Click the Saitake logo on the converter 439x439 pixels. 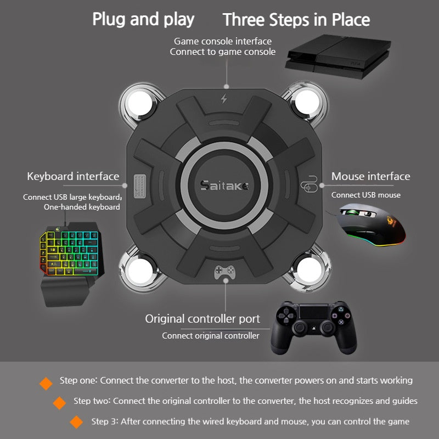[x=224, y=185]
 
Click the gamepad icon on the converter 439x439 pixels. [x=224, y=272]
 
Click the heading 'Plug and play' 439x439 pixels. [x=143, y=19]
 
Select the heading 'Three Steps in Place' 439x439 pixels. [x=296, y=20]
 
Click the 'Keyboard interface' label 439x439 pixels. [x=73, y=176]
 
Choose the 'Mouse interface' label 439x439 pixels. [x=370, y=176]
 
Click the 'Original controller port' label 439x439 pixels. [x=202, y=319]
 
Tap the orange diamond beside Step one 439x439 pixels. [x=46, y=383]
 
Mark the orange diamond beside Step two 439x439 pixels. [x=59, y=403]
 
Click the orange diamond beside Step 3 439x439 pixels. [x=77, y=422]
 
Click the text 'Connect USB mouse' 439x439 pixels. [x=365, y=195]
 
